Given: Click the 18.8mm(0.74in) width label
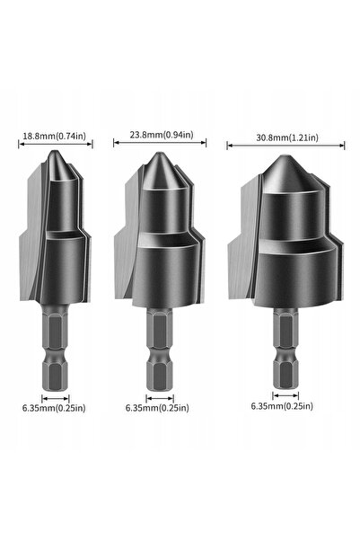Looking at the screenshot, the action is point(55,136).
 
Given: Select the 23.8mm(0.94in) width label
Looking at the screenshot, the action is point(162,134).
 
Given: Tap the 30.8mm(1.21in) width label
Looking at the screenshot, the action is point(287,137).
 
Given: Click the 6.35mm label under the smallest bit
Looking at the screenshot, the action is point(54,408).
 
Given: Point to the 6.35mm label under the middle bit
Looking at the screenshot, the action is point(157,408).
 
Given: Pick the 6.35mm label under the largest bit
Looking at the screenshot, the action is point(282,406).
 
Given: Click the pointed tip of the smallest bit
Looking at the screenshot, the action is point(54,151).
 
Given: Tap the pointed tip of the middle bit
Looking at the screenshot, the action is point(158,153).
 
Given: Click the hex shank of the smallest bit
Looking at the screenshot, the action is point(55,348).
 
